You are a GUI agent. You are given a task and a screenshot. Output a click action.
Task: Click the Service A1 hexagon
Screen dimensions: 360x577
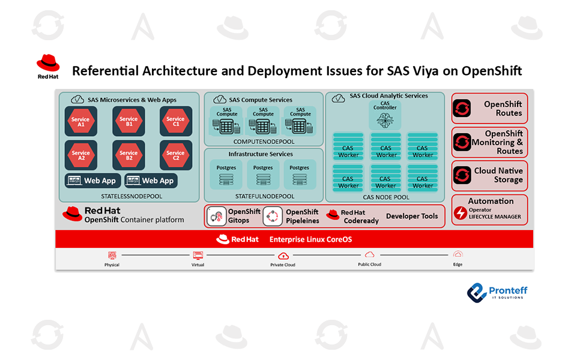(80, 121)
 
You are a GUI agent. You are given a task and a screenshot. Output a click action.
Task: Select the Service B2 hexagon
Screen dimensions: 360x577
(128, 155)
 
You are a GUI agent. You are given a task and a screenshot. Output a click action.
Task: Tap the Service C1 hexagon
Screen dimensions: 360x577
(175, 121)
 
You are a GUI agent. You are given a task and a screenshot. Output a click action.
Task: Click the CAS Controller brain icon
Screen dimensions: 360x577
(384, 119)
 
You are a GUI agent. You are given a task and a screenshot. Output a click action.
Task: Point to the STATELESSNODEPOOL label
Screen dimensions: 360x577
(131, 196)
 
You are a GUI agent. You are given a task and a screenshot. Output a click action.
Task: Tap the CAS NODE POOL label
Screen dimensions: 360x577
(385, 197)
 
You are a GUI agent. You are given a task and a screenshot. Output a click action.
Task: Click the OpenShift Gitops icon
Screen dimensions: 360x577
(216, 216)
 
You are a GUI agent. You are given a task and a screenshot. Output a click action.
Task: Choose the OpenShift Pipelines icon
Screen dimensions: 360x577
(273, 216)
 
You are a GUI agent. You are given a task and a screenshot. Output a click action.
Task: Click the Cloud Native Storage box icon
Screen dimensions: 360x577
(462, 175)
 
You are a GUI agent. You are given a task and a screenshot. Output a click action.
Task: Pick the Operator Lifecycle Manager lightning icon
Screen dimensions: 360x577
(461, 213)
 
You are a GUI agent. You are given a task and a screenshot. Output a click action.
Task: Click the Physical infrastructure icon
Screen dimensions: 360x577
(112, 255)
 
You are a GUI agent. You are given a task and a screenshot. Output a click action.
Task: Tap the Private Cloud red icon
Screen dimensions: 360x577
(282, 256)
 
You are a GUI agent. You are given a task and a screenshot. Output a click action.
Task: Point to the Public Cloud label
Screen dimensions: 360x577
(369, 264)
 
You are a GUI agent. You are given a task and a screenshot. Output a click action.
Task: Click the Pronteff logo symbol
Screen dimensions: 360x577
(477, 292)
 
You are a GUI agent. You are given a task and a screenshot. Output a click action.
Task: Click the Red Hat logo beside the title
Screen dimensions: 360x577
(47, 64)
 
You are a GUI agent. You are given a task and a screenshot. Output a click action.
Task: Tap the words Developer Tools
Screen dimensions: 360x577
(412, 216)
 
